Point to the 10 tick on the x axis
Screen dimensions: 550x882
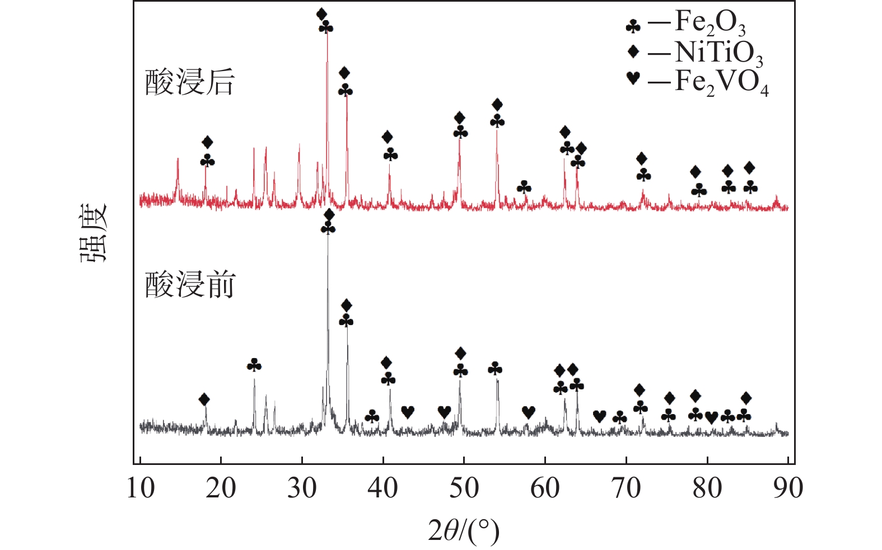tap(140, 488)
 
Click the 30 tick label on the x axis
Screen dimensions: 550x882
tap(302, 488)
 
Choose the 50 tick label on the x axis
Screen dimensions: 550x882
tap(464, 488)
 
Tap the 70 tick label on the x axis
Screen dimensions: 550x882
tap(626, 488)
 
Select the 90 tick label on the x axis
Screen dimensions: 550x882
tap(788, 488)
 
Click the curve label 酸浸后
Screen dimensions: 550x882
tap(189, 83)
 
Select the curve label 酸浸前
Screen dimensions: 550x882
tap(189, 285)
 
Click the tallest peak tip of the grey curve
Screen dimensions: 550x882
tap(328, 237)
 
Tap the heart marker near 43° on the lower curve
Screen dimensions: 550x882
tap(408, 412)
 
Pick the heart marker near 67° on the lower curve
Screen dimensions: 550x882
tap(599, 416)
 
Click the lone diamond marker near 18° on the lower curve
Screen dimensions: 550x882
tap(204, 399)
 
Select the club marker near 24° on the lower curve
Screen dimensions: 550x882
tap(254, 365)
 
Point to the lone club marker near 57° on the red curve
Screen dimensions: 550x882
tap(524, 187)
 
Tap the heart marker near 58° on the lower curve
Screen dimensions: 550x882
tap(529, 412)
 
